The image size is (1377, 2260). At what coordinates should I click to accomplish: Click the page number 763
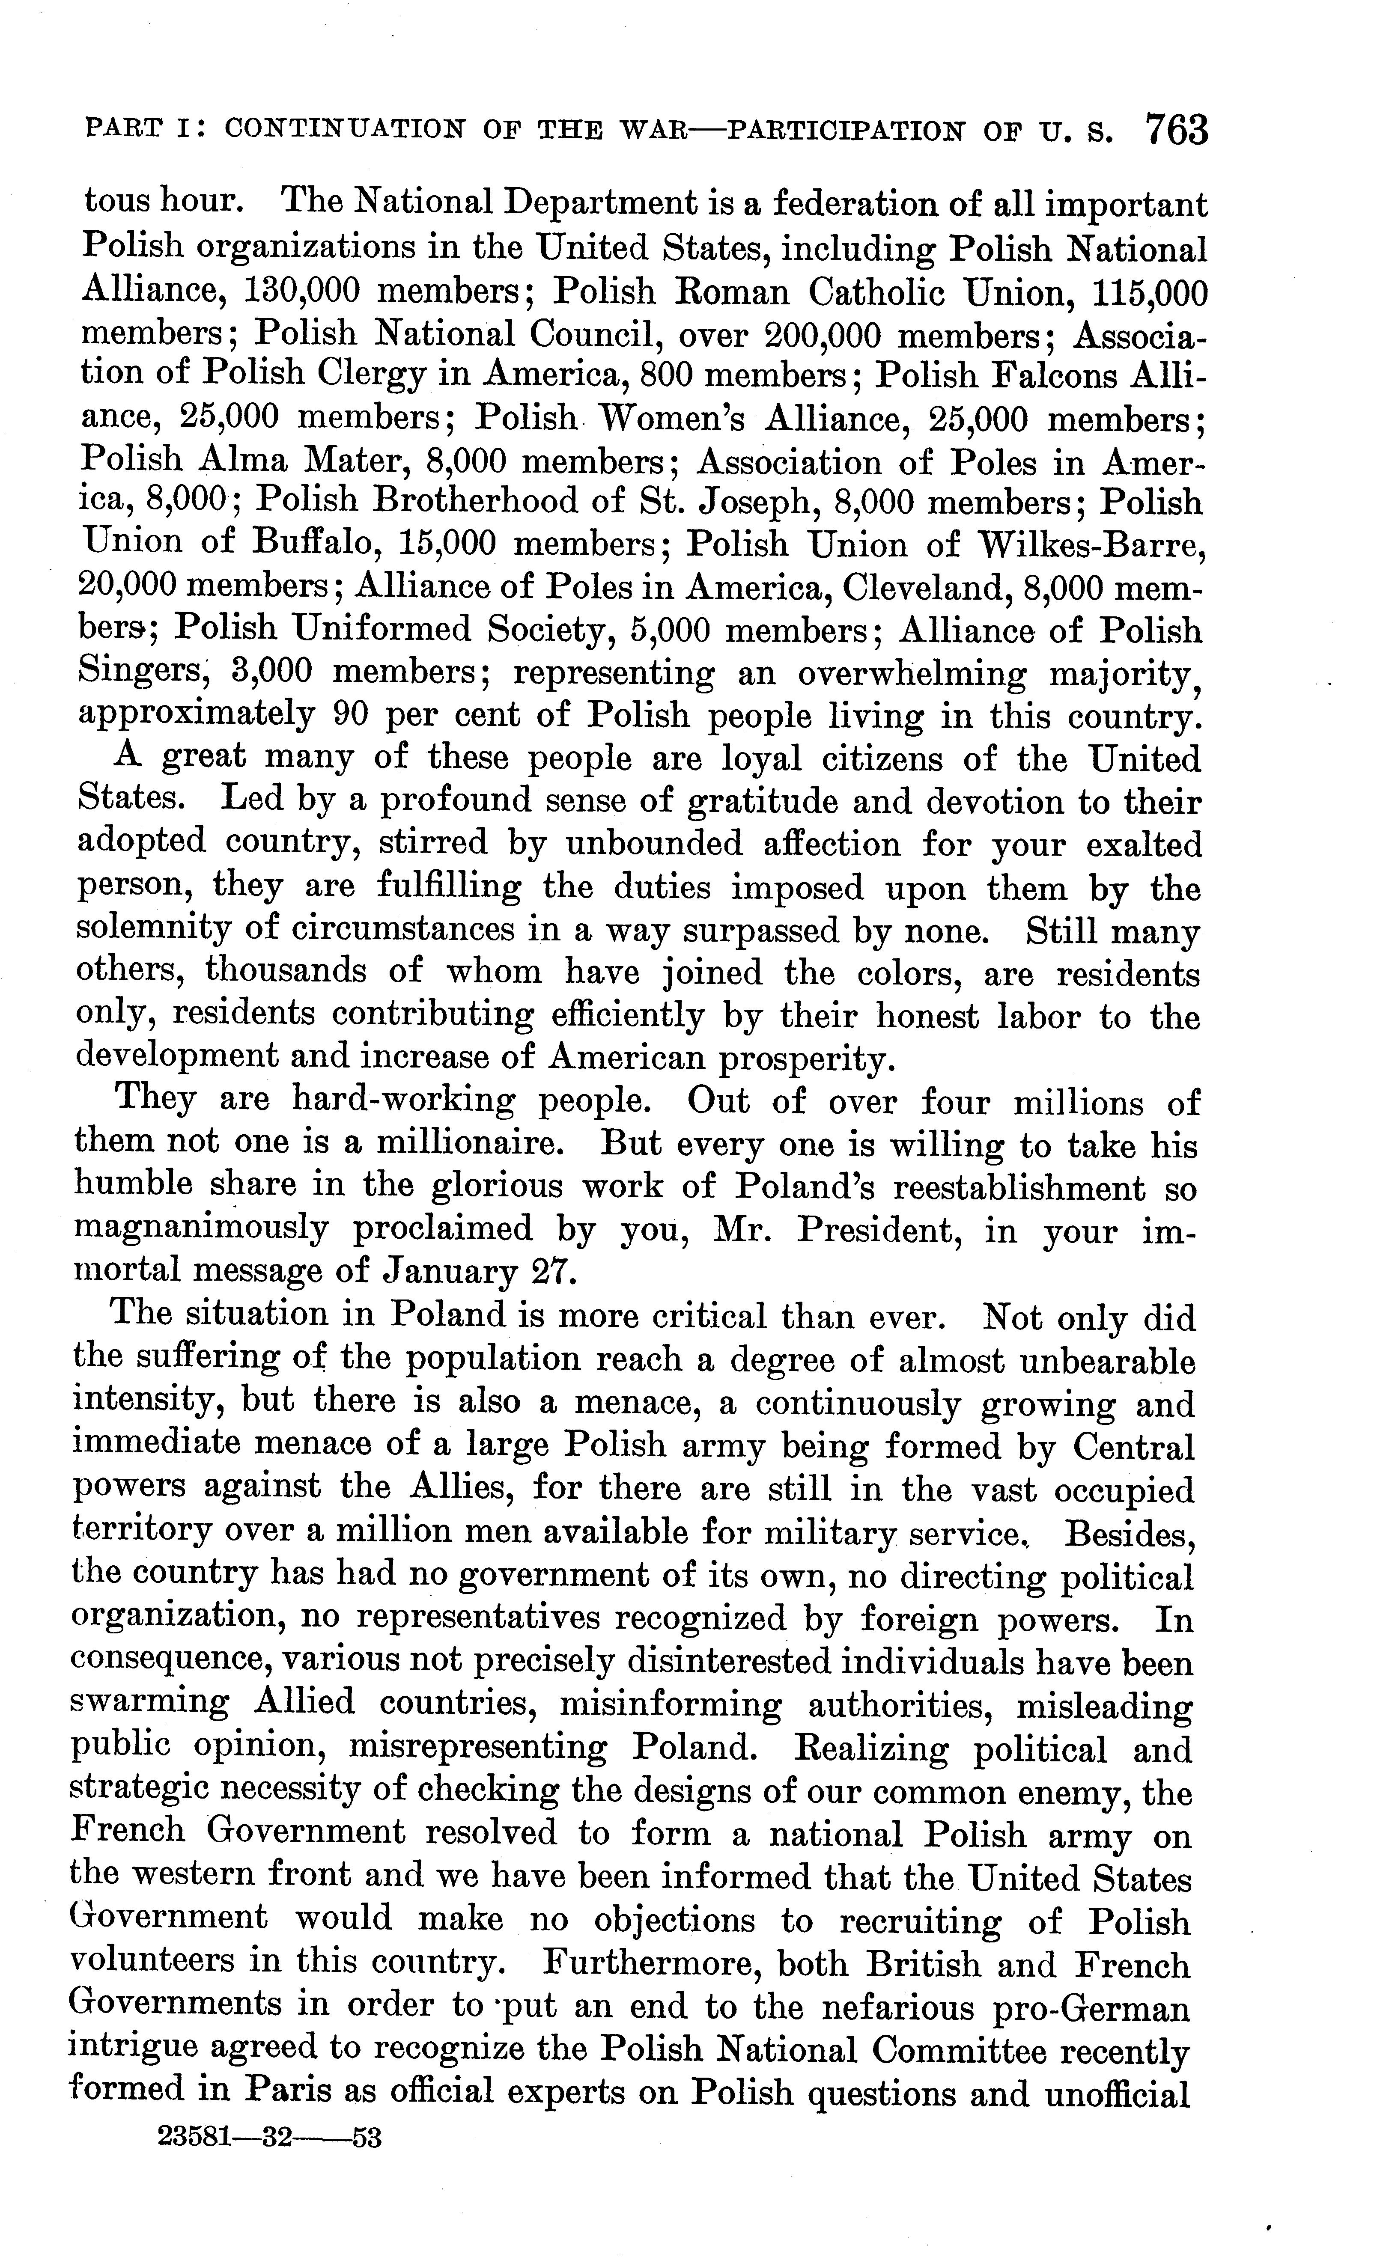[x=1176, y=130]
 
